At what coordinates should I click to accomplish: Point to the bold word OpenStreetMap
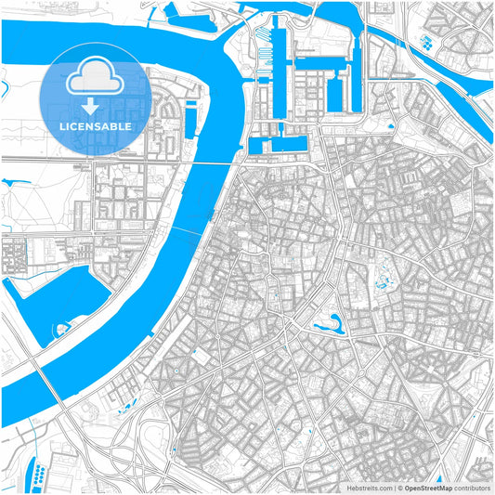pyautogui.click(x=432, y=487)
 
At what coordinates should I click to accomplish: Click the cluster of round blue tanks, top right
pyautogui.click(x=426, y=42)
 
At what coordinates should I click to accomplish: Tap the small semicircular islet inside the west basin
pyautogui.click(x=61, y=328)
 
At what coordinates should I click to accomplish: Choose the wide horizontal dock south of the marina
pyautogui.click(x=278, y=144)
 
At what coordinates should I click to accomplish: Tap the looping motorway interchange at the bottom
pyautogui.click(x=139, y=446)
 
